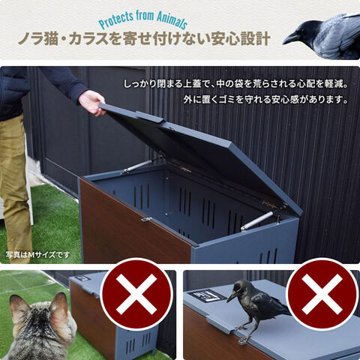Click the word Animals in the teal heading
point(172,21)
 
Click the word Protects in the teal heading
point(116,20)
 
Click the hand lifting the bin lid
point(92,103)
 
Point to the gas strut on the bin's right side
point(257,221)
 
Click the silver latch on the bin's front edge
point(146,219)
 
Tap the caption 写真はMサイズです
point(37,255)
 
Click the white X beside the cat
point(136,294)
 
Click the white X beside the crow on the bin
point(322,294)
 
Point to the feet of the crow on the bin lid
point(244,334)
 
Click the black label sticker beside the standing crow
point(206,297)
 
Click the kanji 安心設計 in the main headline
point(241,40)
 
